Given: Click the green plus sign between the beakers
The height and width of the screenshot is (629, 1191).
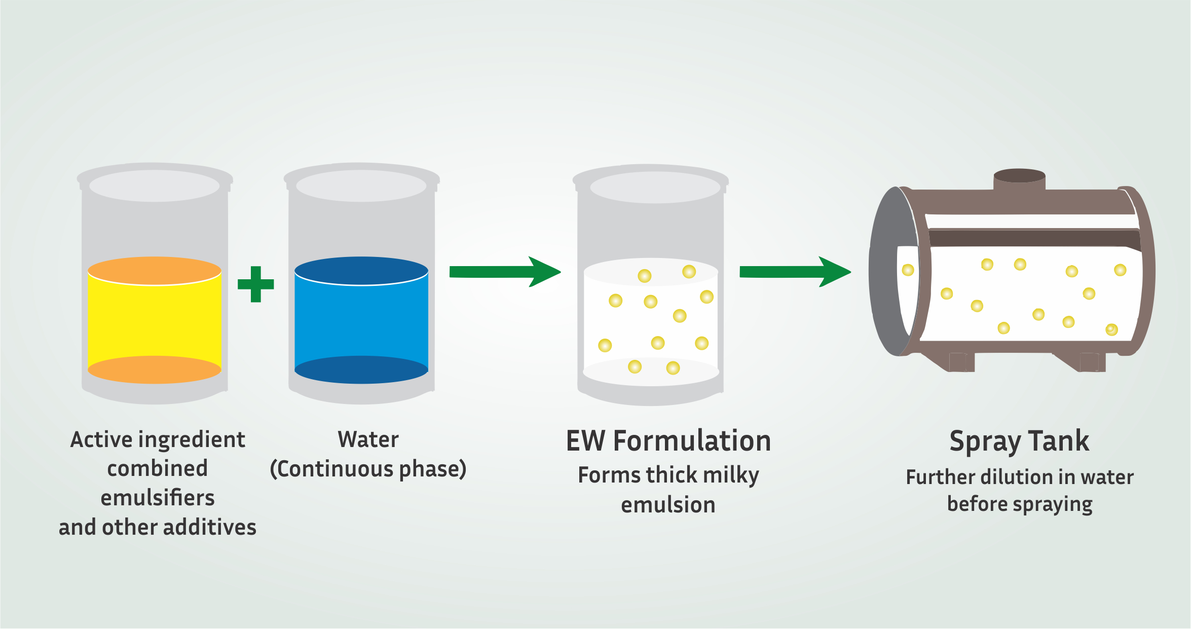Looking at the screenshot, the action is (256, 284).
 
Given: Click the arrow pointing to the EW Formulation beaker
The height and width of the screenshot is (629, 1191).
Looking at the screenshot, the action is (505, 272).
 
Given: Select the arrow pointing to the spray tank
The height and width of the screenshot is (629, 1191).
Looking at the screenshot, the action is (795, 272).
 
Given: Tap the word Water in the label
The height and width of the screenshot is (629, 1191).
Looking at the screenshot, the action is (368, 439).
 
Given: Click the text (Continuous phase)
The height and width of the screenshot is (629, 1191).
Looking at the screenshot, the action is (368, 469).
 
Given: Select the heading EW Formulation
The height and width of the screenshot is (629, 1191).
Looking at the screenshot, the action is (668, 440).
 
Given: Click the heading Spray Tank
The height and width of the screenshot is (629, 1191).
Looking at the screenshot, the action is (1019, 441).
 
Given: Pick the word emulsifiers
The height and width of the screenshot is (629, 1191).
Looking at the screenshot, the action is (158, 498).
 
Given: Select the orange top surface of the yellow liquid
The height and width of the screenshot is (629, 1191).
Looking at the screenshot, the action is (155, 271).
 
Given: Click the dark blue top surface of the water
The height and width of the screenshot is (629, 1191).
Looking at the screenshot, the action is (361, 271).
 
